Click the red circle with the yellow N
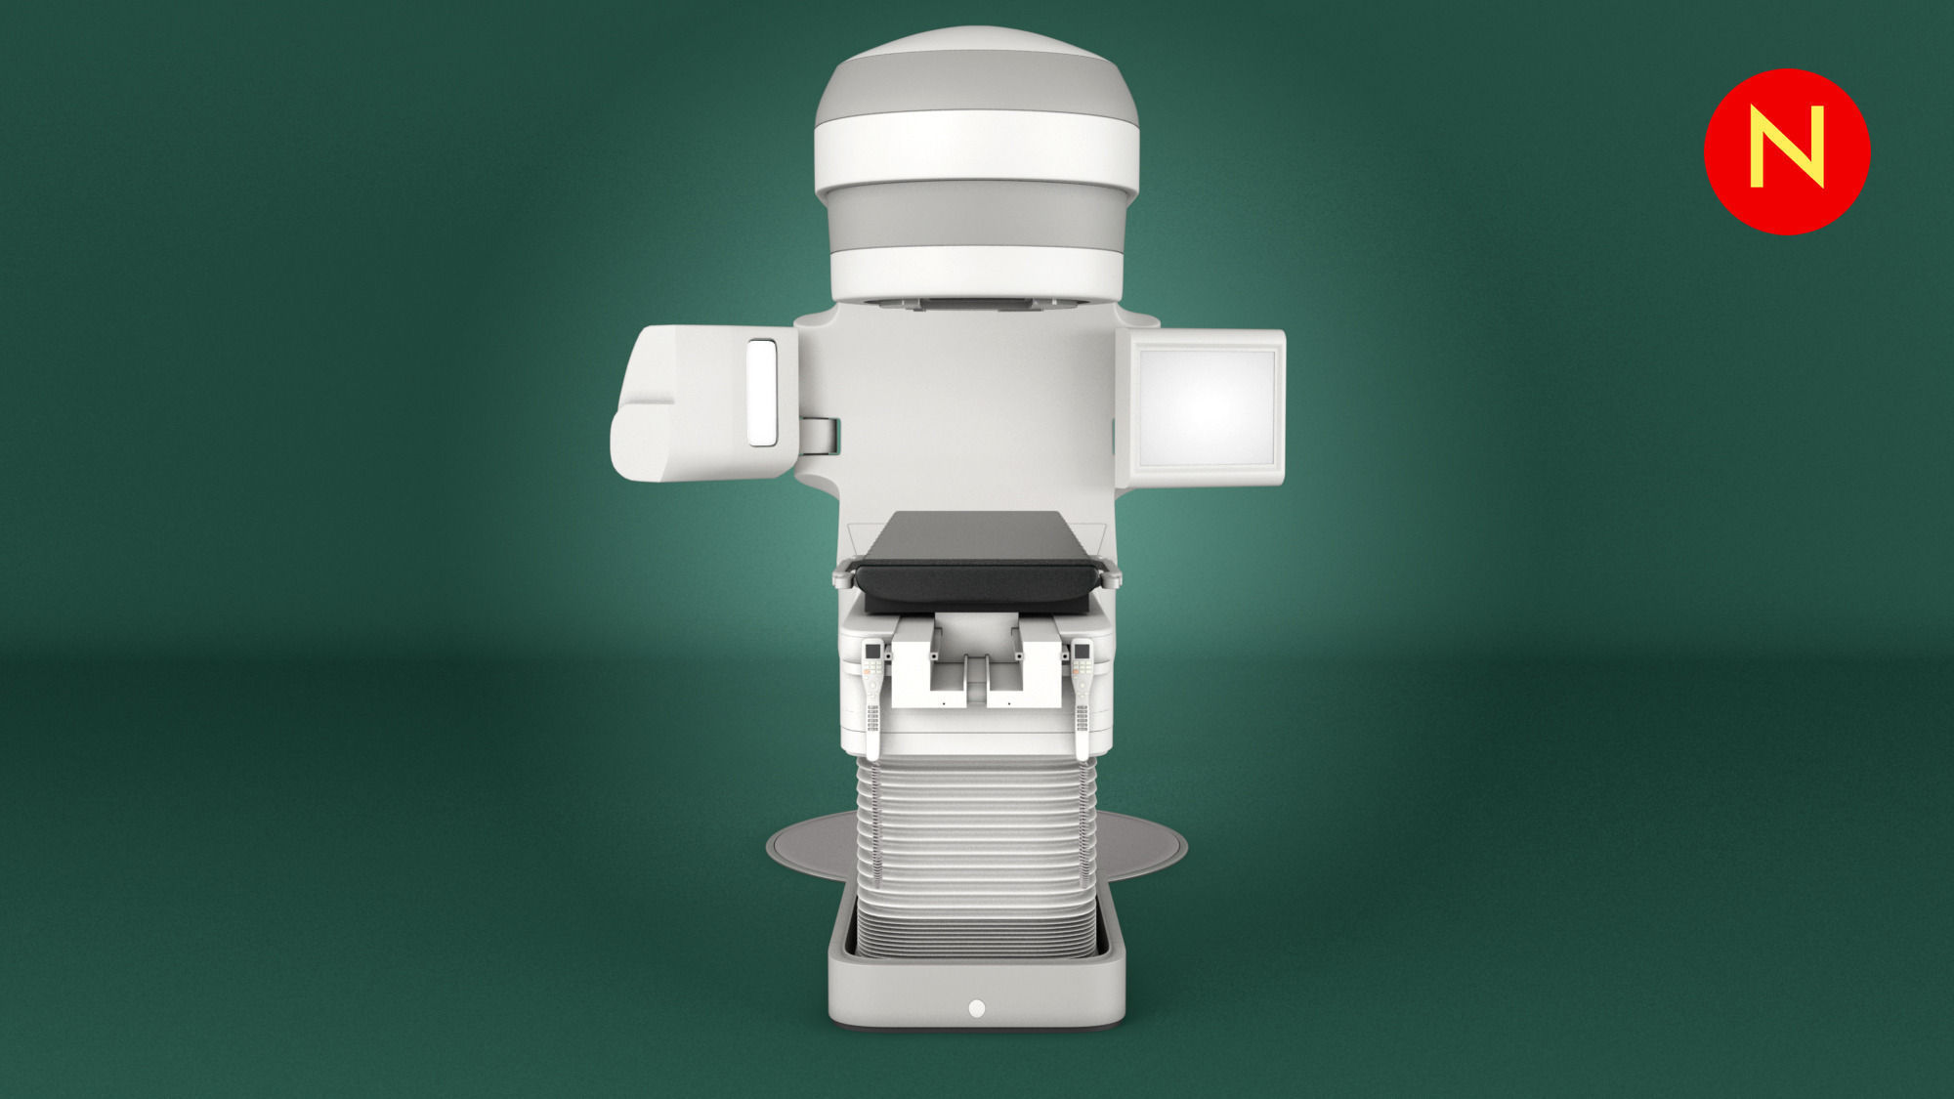(1787, 151)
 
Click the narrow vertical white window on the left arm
(761, 393)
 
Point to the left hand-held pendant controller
(872, 698)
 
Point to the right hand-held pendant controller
(1082, 698)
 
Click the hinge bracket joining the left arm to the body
(821, 435)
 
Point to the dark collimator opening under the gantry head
(976, 304)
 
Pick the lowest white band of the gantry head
(976, 272)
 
